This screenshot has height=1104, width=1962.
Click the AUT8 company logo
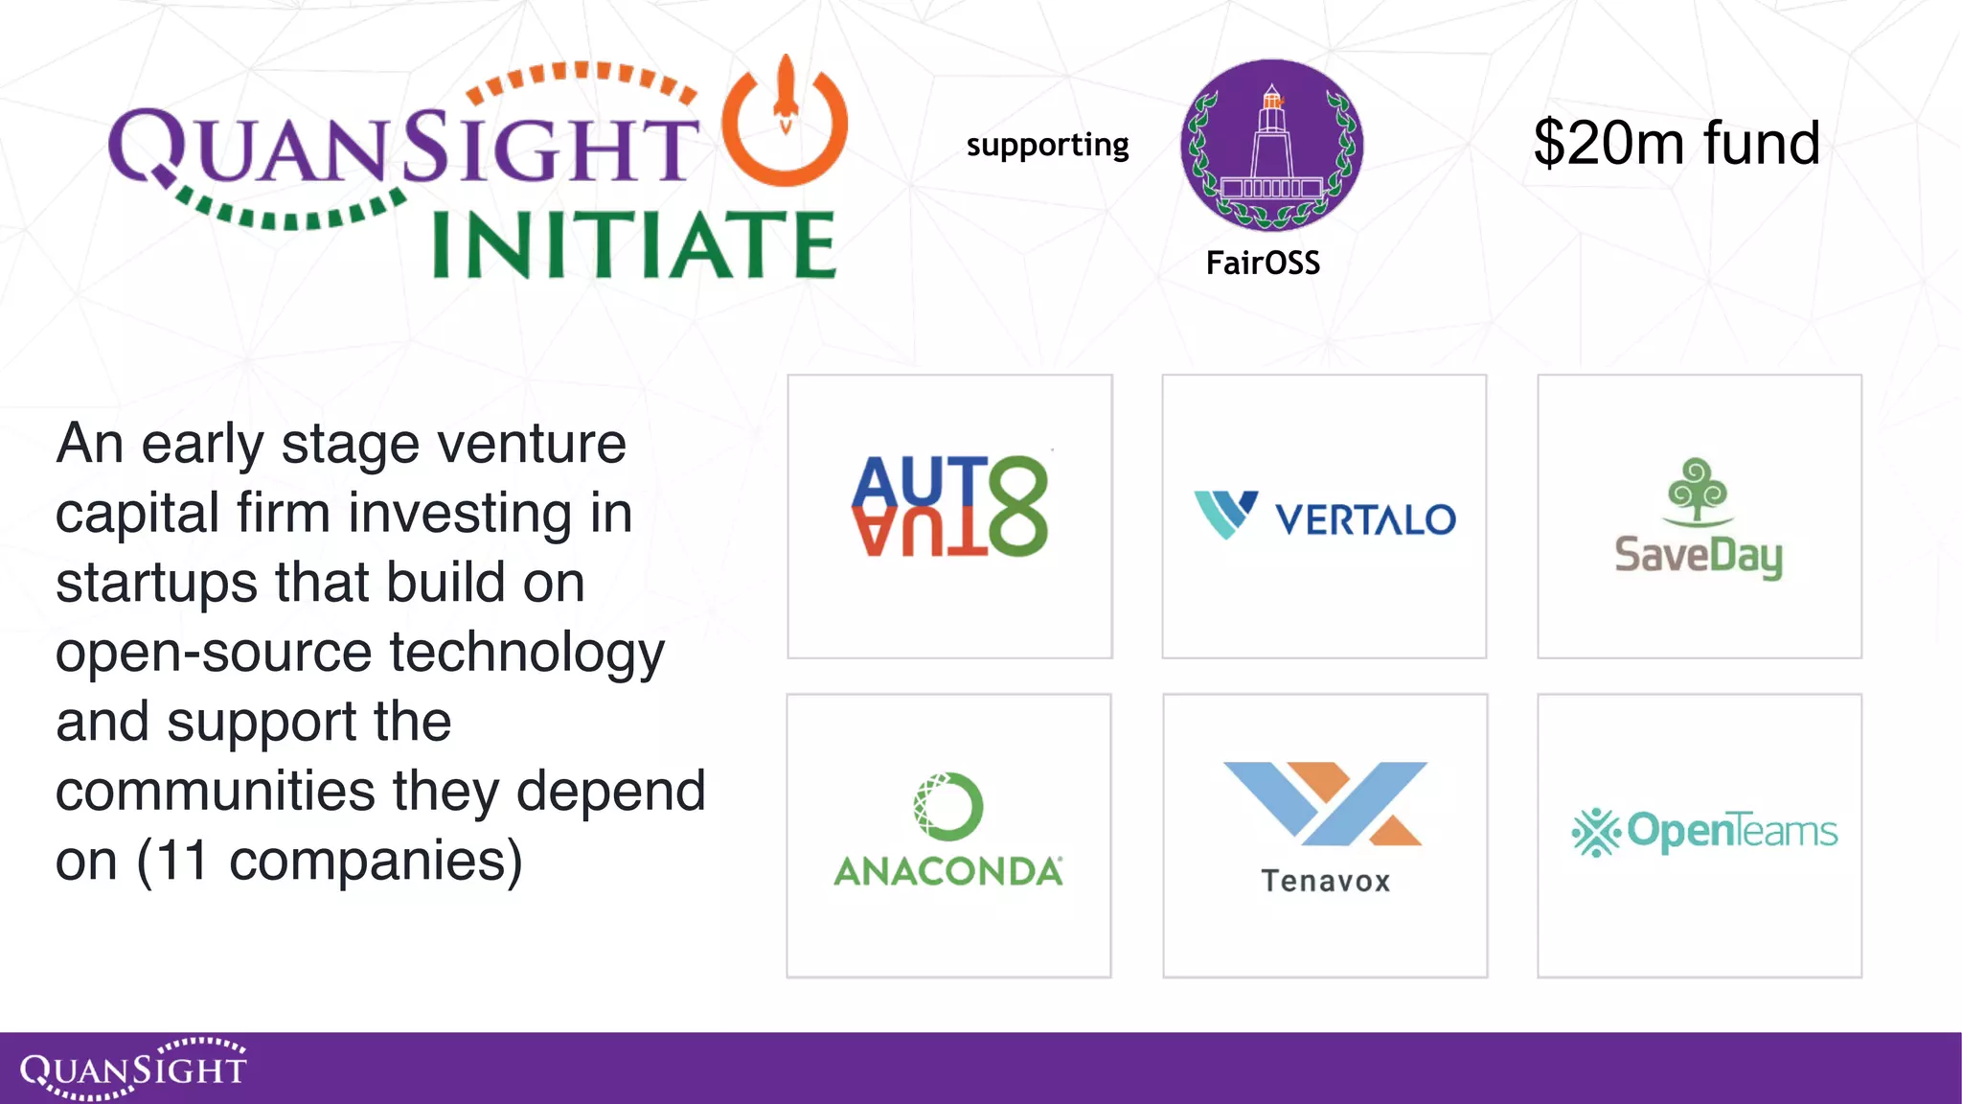click(949, 506)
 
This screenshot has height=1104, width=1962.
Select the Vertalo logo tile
click(1324, 516)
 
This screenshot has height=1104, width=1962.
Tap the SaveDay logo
click(1699, 518)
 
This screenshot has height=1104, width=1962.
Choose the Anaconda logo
click(948, 830)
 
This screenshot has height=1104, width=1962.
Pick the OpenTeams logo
click(1704, 831)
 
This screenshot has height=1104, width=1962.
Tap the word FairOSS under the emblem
click(1263, 263)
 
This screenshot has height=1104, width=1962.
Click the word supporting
click(1047, 145)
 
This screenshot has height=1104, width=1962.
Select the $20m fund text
click(1677, 144)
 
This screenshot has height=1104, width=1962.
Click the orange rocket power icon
click(785, 120)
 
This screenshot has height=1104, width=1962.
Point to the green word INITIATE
click(634, 245)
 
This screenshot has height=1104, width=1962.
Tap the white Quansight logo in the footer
click(133, 1068)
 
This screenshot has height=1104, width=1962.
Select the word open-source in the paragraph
click(214, 653)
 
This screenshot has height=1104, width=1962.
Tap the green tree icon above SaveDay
click(1698, 491)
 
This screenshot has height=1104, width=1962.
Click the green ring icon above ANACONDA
click(947, 806)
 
